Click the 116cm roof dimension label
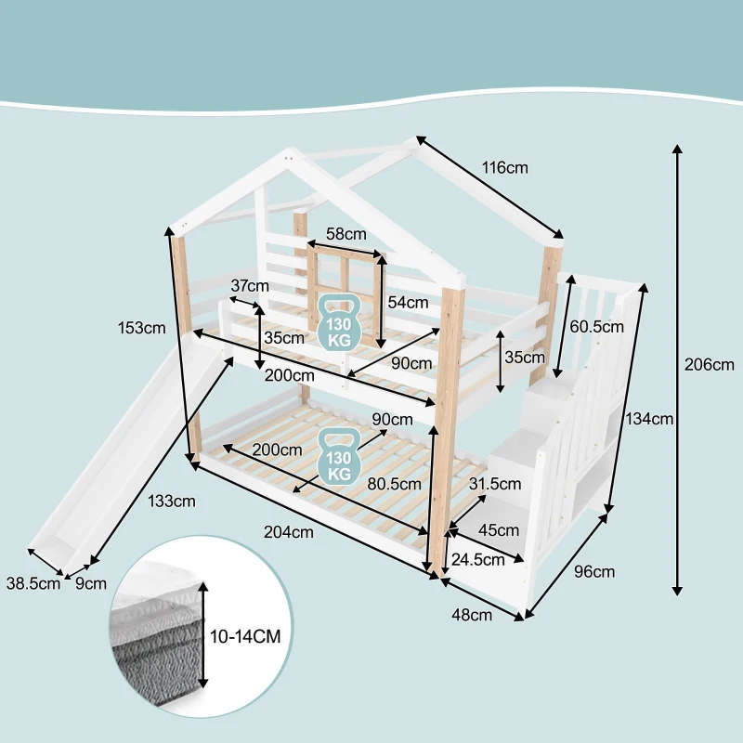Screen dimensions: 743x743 504,167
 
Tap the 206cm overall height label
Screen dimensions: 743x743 709,364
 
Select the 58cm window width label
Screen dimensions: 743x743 345,234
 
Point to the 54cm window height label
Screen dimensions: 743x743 408,303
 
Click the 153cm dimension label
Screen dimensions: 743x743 142,328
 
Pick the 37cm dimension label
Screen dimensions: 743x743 250,286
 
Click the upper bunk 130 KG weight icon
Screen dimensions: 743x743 339,323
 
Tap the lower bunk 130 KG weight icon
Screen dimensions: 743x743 339,456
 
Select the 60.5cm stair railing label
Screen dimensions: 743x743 596,327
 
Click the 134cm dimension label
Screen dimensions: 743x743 649,419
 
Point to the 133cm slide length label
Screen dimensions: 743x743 172,501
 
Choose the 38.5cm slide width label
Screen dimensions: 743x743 33,583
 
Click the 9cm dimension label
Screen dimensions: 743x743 91,583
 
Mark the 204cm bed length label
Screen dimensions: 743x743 289,532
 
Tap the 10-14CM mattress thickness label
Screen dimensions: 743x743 245,636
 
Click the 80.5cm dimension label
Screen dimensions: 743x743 394,484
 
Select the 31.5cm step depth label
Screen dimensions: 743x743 495,484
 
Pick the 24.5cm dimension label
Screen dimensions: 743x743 477,560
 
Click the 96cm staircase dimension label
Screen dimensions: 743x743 594,572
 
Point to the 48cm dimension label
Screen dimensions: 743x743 472,615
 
